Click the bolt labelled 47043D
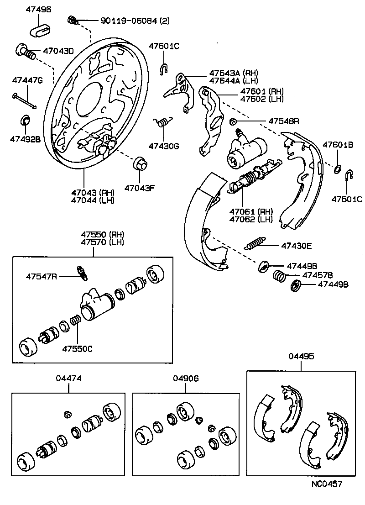26,51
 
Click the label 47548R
283,121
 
